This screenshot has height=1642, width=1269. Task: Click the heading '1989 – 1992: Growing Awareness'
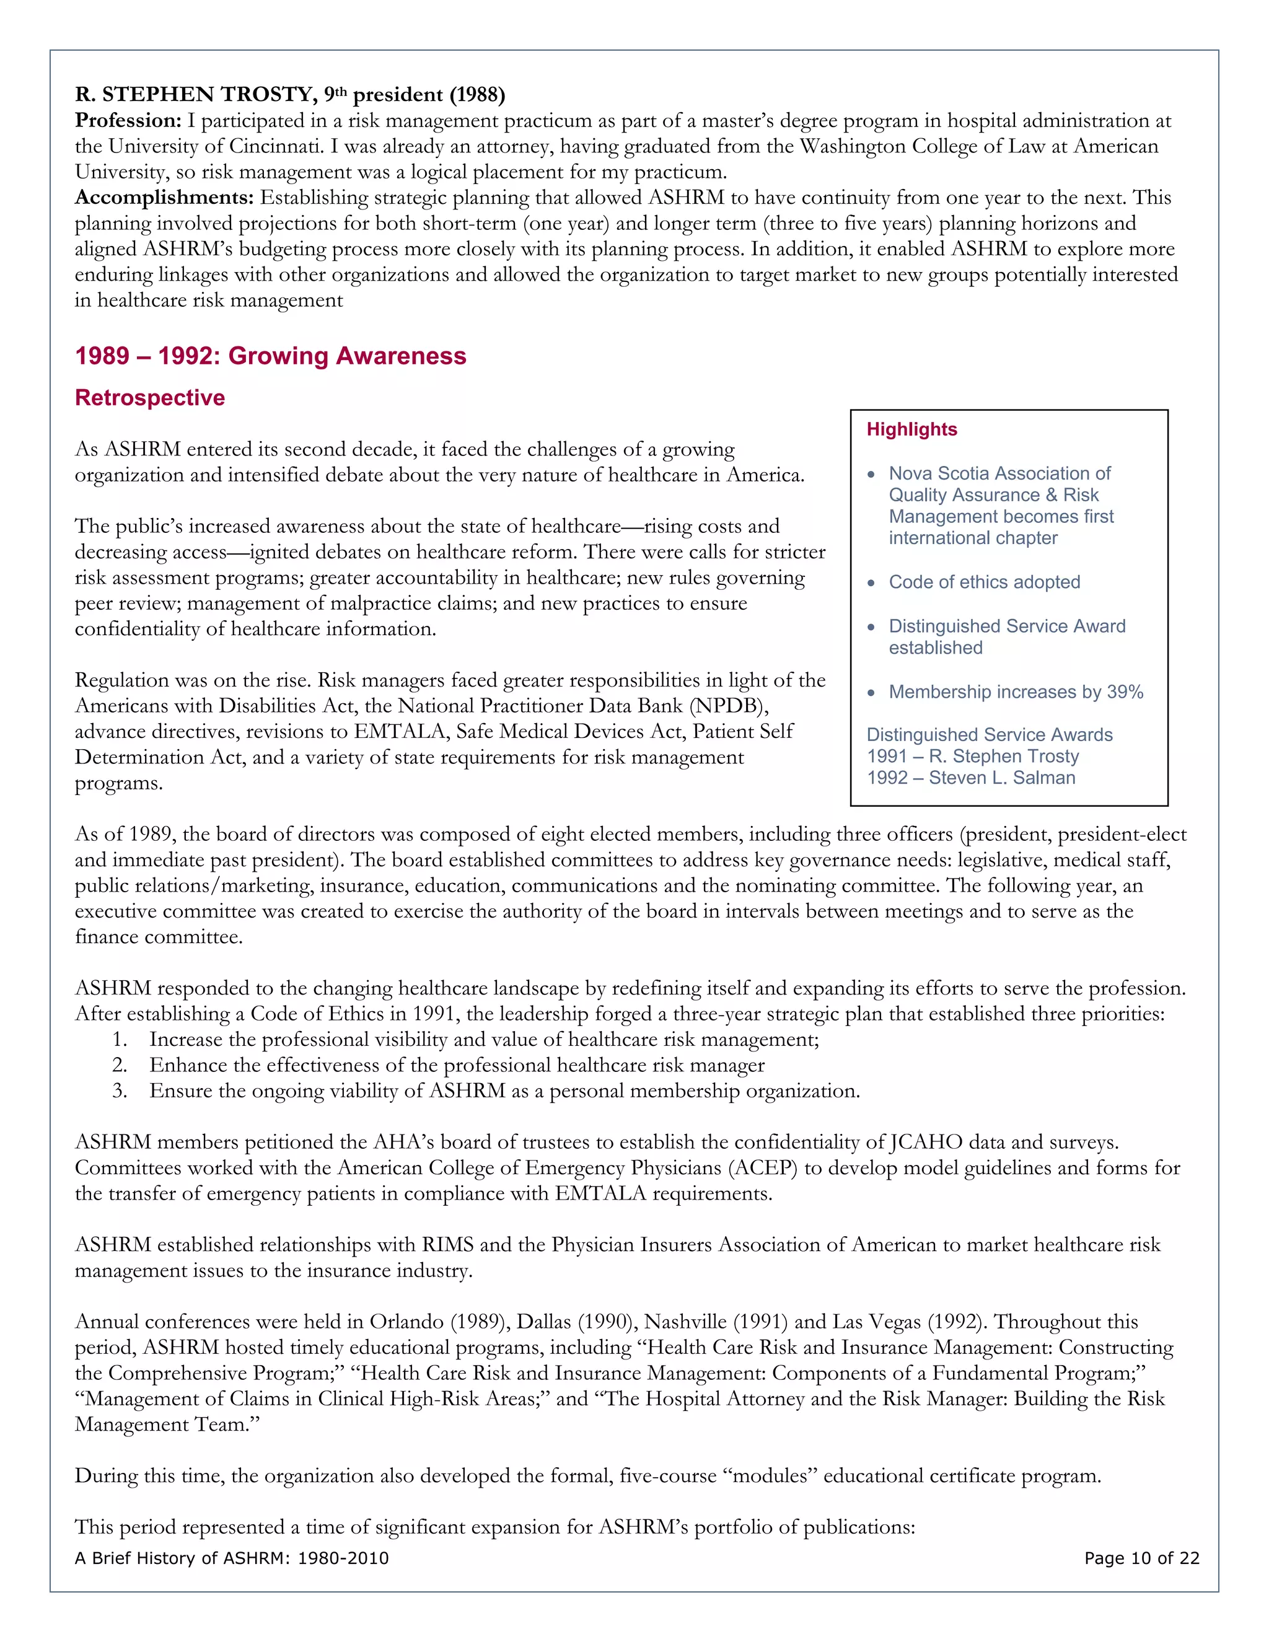click(x=271, y=356)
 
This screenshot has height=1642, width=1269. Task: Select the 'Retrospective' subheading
click(x=149, y=398)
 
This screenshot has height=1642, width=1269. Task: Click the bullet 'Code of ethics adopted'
click(x=984, y=582)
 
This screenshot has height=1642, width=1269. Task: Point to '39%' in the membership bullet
click(x=1125, y=691)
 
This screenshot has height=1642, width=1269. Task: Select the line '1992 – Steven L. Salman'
click(x=970, y=778)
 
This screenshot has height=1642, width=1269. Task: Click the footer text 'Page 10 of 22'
click(x=1141, y=1558)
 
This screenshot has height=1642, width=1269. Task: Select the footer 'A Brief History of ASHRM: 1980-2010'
click(x=232, y=1558)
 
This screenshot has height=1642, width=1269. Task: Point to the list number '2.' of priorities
click(x=120, y=1065)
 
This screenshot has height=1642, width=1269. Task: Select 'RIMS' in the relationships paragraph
click(x=447, y=1245)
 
